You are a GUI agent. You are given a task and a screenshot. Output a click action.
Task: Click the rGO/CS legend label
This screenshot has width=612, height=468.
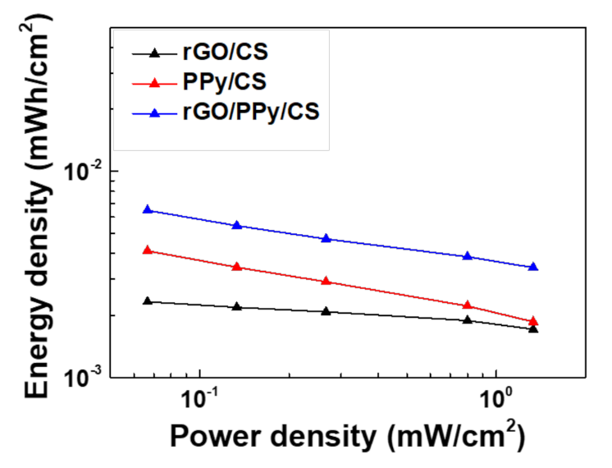pos(226,56)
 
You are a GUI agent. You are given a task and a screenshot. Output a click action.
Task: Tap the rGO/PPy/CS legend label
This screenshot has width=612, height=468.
pos(251,111)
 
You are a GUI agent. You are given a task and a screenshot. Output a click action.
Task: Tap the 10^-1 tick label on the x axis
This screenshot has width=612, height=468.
pos(201,404)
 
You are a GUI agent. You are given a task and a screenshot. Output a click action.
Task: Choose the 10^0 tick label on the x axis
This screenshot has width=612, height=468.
pos(496,404)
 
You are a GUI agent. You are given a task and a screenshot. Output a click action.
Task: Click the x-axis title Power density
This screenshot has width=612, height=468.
pos(345,436)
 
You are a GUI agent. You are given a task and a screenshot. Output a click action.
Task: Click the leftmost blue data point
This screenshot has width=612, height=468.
pos(148,209)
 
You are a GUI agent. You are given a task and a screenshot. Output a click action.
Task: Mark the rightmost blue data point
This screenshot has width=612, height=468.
pos(533,267)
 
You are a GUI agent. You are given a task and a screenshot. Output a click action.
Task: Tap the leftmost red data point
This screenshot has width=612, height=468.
pos(148,250)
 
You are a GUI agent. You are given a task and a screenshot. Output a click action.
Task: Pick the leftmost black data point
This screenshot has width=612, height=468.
pos(148,301)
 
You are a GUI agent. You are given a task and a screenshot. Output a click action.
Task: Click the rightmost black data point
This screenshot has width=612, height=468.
pos(533,328)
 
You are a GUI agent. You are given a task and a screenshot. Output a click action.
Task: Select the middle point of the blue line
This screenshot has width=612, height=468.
pos(327,239)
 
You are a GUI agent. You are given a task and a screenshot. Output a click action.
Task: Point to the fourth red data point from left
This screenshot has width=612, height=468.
pos(468,305)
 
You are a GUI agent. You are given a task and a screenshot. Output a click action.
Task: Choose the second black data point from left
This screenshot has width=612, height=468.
pos(237,306)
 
